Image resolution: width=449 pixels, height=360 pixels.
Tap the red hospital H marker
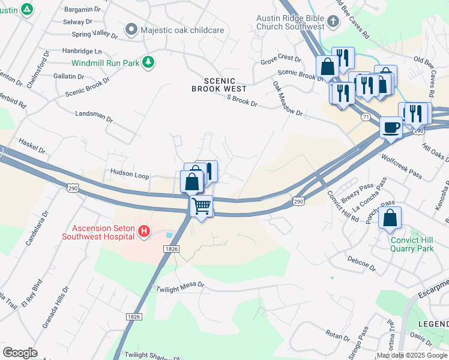point(143,231)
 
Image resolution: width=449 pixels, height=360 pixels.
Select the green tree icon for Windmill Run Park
point(148,62)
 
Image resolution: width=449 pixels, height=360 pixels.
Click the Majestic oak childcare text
point(182,29)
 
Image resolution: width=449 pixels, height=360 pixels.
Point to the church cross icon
point(333,23)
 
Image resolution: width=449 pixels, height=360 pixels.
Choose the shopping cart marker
point(202,206)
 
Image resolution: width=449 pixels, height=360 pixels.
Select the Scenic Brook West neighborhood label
point(219,85)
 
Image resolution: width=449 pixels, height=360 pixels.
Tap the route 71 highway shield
point(365,118)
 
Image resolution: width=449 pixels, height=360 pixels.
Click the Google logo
point(20,352)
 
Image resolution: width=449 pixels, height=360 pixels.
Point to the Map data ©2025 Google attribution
point(411,355)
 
